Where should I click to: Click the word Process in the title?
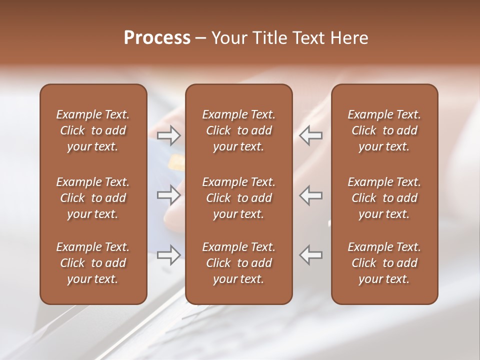click(x=157, y=38)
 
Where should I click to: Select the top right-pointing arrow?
click(x=169, y=135)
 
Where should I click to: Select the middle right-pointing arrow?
click(x=169, y=195)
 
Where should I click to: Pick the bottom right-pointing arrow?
click(x=169, y=255)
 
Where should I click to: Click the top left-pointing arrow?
click(x=311, y=135)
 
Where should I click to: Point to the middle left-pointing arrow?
click(x=311, y=195)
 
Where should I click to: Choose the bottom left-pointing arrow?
click(x=311, y=255)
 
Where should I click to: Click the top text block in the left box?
click(x=93, y=130)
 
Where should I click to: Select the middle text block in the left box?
click(x=93, y=198)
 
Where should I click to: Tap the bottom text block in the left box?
click(x=93, y=263)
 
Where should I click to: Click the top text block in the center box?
click(x=238, y=130)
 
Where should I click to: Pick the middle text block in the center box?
click(x=238, y=198)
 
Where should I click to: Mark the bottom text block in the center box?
click(x=238, y=263)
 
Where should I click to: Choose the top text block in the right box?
click(x=384, y=130)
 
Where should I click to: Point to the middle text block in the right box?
click(x=384, y=198)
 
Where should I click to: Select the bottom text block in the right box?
click(x=384, y=263)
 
